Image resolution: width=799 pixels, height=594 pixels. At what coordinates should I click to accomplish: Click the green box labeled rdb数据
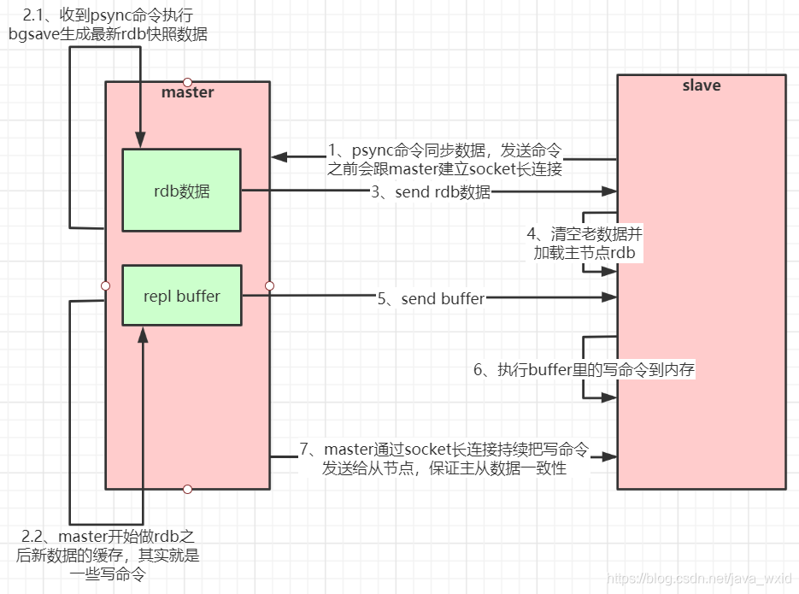181,191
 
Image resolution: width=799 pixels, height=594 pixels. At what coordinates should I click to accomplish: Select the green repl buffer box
181,296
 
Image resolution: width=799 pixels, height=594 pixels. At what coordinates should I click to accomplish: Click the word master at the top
187,92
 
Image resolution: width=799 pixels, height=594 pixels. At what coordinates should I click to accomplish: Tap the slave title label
701,85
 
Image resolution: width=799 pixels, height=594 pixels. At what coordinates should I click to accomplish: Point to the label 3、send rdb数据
431,192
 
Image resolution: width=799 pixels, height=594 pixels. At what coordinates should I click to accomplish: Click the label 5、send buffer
432,298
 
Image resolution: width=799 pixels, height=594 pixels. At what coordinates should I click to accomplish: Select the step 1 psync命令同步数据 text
444,159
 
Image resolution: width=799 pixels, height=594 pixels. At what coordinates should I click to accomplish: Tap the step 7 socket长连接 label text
444,458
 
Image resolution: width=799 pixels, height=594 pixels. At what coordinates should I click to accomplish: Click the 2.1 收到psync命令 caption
108,26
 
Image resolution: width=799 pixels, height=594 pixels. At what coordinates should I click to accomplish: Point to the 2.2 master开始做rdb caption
108,556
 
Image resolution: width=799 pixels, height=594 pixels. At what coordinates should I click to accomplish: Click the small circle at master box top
188,82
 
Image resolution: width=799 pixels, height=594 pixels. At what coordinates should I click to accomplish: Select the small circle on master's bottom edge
188,489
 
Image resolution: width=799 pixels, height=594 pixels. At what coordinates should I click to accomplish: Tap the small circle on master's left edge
106,285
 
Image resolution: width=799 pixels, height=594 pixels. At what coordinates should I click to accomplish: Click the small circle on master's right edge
269,285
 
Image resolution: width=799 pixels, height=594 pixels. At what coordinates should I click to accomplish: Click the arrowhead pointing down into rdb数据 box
138,141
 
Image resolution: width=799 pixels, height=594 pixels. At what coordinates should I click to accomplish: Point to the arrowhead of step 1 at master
279,157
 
